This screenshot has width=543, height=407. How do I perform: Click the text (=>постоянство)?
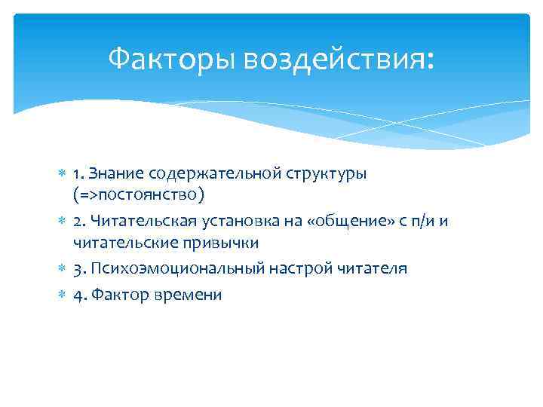[x=139, y=195]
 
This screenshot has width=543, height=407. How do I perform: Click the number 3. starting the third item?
[x=78, y=269]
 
